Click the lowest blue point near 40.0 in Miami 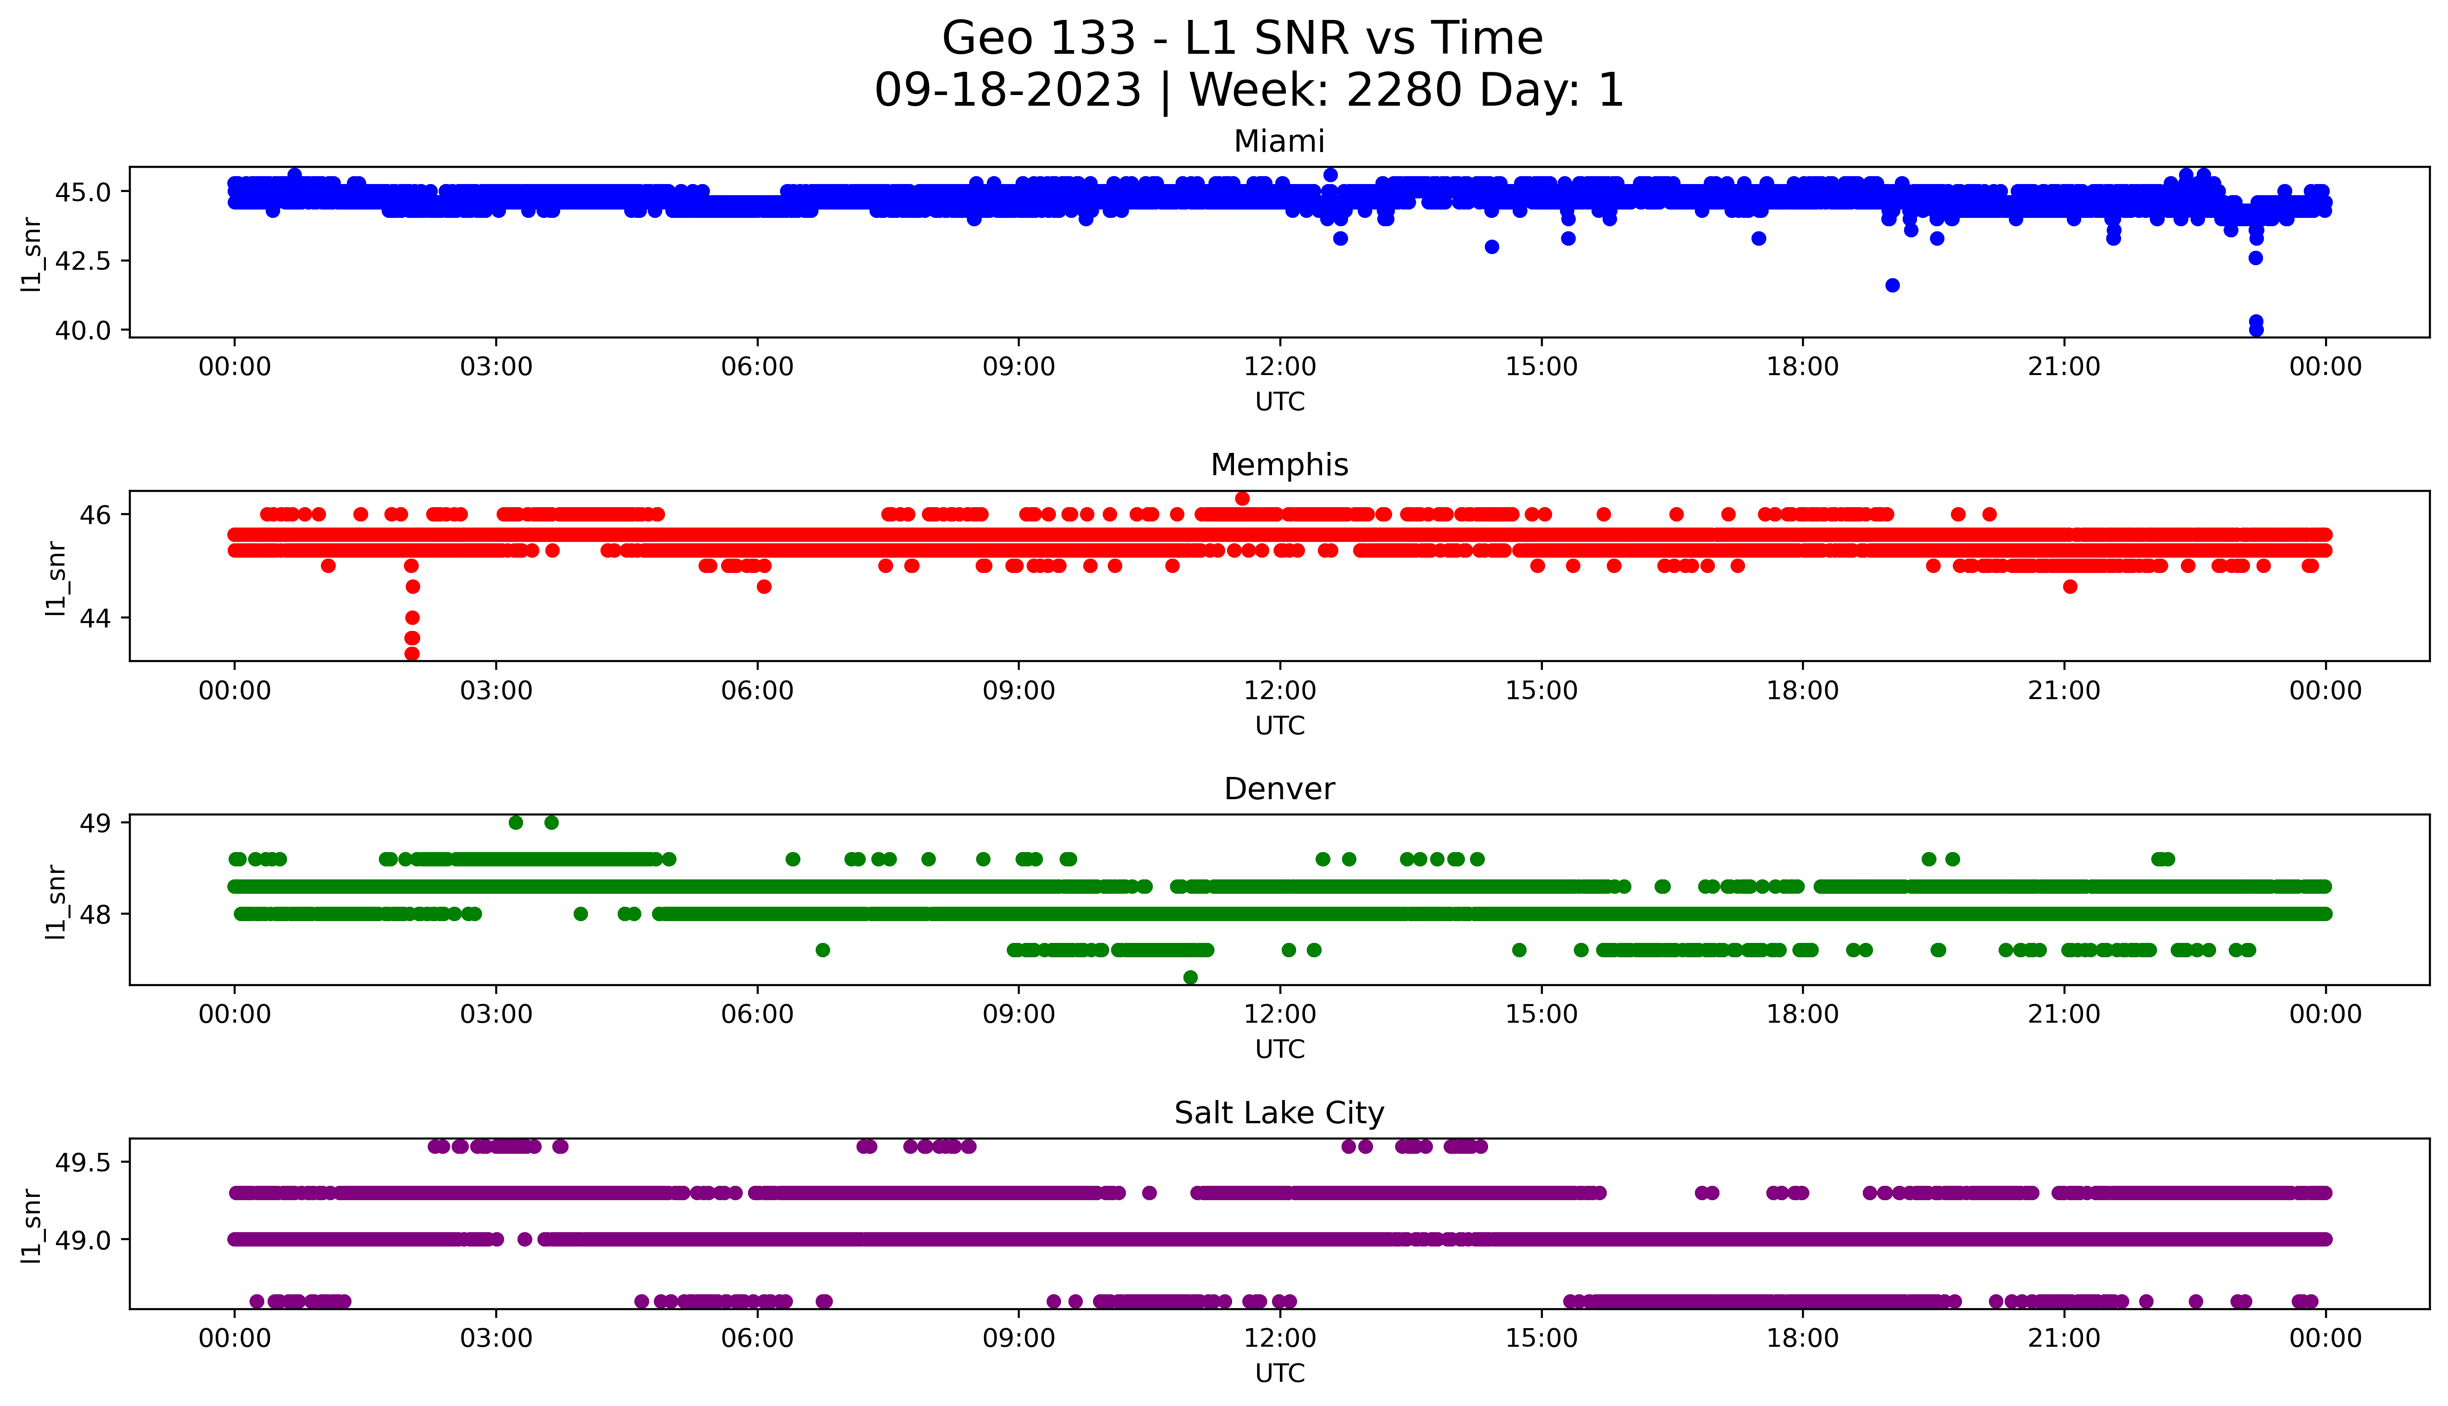pyautogui.click(x=2256, y=329)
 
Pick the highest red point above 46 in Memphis pyautogui.click(x=1242, y=498)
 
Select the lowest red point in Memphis pyautogui.click(x=411, y=654)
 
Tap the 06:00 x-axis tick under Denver pyautogui.click(x=757, y=1015)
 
